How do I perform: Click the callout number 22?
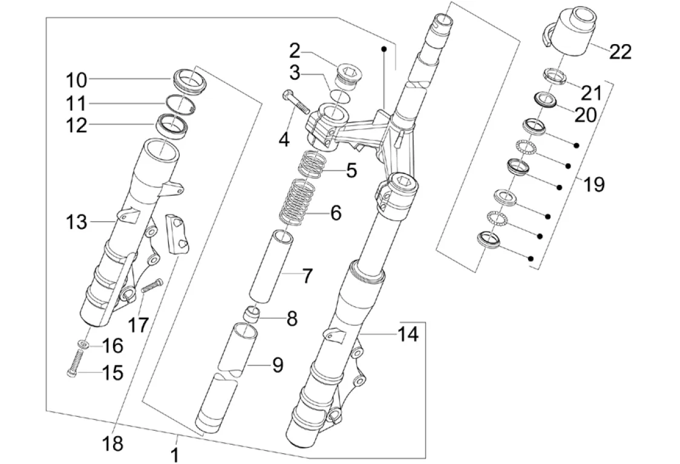click(x=620, y=52)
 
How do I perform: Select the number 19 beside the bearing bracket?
click(x=595, y=184)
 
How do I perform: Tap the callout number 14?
click(x=408, y=333)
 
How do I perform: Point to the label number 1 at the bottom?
click(x=175, y=453)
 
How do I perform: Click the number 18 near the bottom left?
click(x=113, y=444)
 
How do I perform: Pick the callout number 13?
click(x=77, y=222)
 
